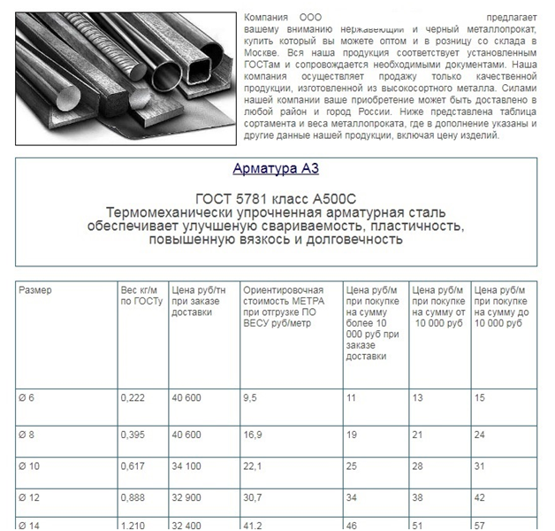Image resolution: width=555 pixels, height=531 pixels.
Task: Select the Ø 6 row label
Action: click(28, 398)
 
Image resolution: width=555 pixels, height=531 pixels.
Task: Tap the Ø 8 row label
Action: click(28, 435)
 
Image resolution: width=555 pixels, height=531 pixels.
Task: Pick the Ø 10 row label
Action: click(31, 466)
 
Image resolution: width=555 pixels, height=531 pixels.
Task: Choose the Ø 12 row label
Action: click(31, 498)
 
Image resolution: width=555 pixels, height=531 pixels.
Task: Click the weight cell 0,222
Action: click(133, 398)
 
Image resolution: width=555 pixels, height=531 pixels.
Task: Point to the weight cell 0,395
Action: click(133, 435)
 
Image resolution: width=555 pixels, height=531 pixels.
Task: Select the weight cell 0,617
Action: click(133, 466)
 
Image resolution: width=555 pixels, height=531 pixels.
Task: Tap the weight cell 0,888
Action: click(133, 498)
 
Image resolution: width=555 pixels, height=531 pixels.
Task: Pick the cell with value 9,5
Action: click(250, 398)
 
